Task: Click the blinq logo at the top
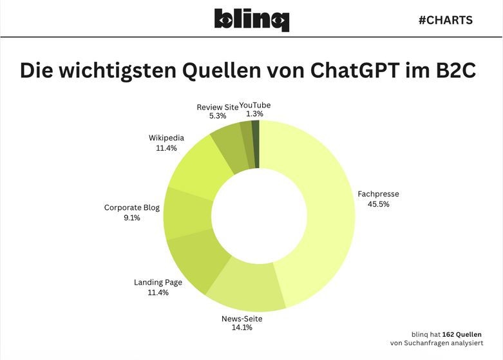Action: click(252, 20)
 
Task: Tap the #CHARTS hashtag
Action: click(446, 20)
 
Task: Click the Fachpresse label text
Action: click(378, 193)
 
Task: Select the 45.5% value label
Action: click(378, 204)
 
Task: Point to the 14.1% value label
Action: click(242, 328)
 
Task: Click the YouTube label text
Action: click(255, 105)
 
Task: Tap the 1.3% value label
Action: click(255, 115)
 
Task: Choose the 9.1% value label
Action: click(131, 218)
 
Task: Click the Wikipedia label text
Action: click(166, 138)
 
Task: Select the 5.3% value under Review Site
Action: click(218, 117)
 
